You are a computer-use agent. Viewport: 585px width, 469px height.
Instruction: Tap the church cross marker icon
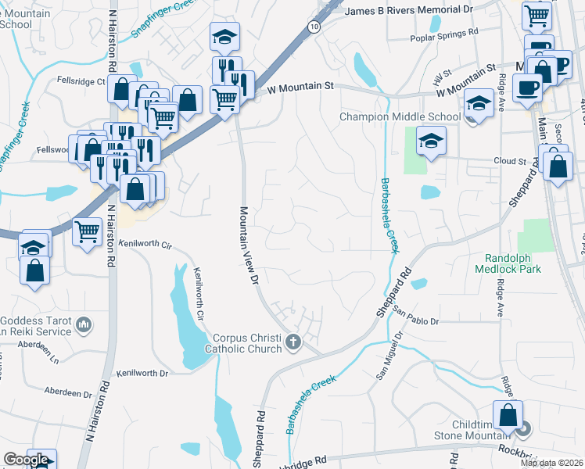click(294, 342)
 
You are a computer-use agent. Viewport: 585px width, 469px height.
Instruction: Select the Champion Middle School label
click(400, 117)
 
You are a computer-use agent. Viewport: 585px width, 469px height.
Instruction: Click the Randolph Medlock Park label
click(514, 262)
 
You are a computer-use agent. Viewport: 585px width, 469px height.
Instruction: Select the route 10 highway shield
click(314, 27)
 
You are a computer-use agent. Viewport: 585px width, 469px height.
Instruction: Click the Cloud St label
click(508, 161)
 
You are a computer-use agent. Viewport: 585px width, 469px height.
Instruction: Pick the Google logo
click(26, 460)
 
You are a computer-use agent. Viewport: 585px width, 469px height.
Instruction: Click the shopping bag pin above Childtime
click(508, 414)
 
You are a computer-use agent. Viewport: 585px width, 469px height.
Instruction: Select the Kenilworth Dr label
click(142, 374)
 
